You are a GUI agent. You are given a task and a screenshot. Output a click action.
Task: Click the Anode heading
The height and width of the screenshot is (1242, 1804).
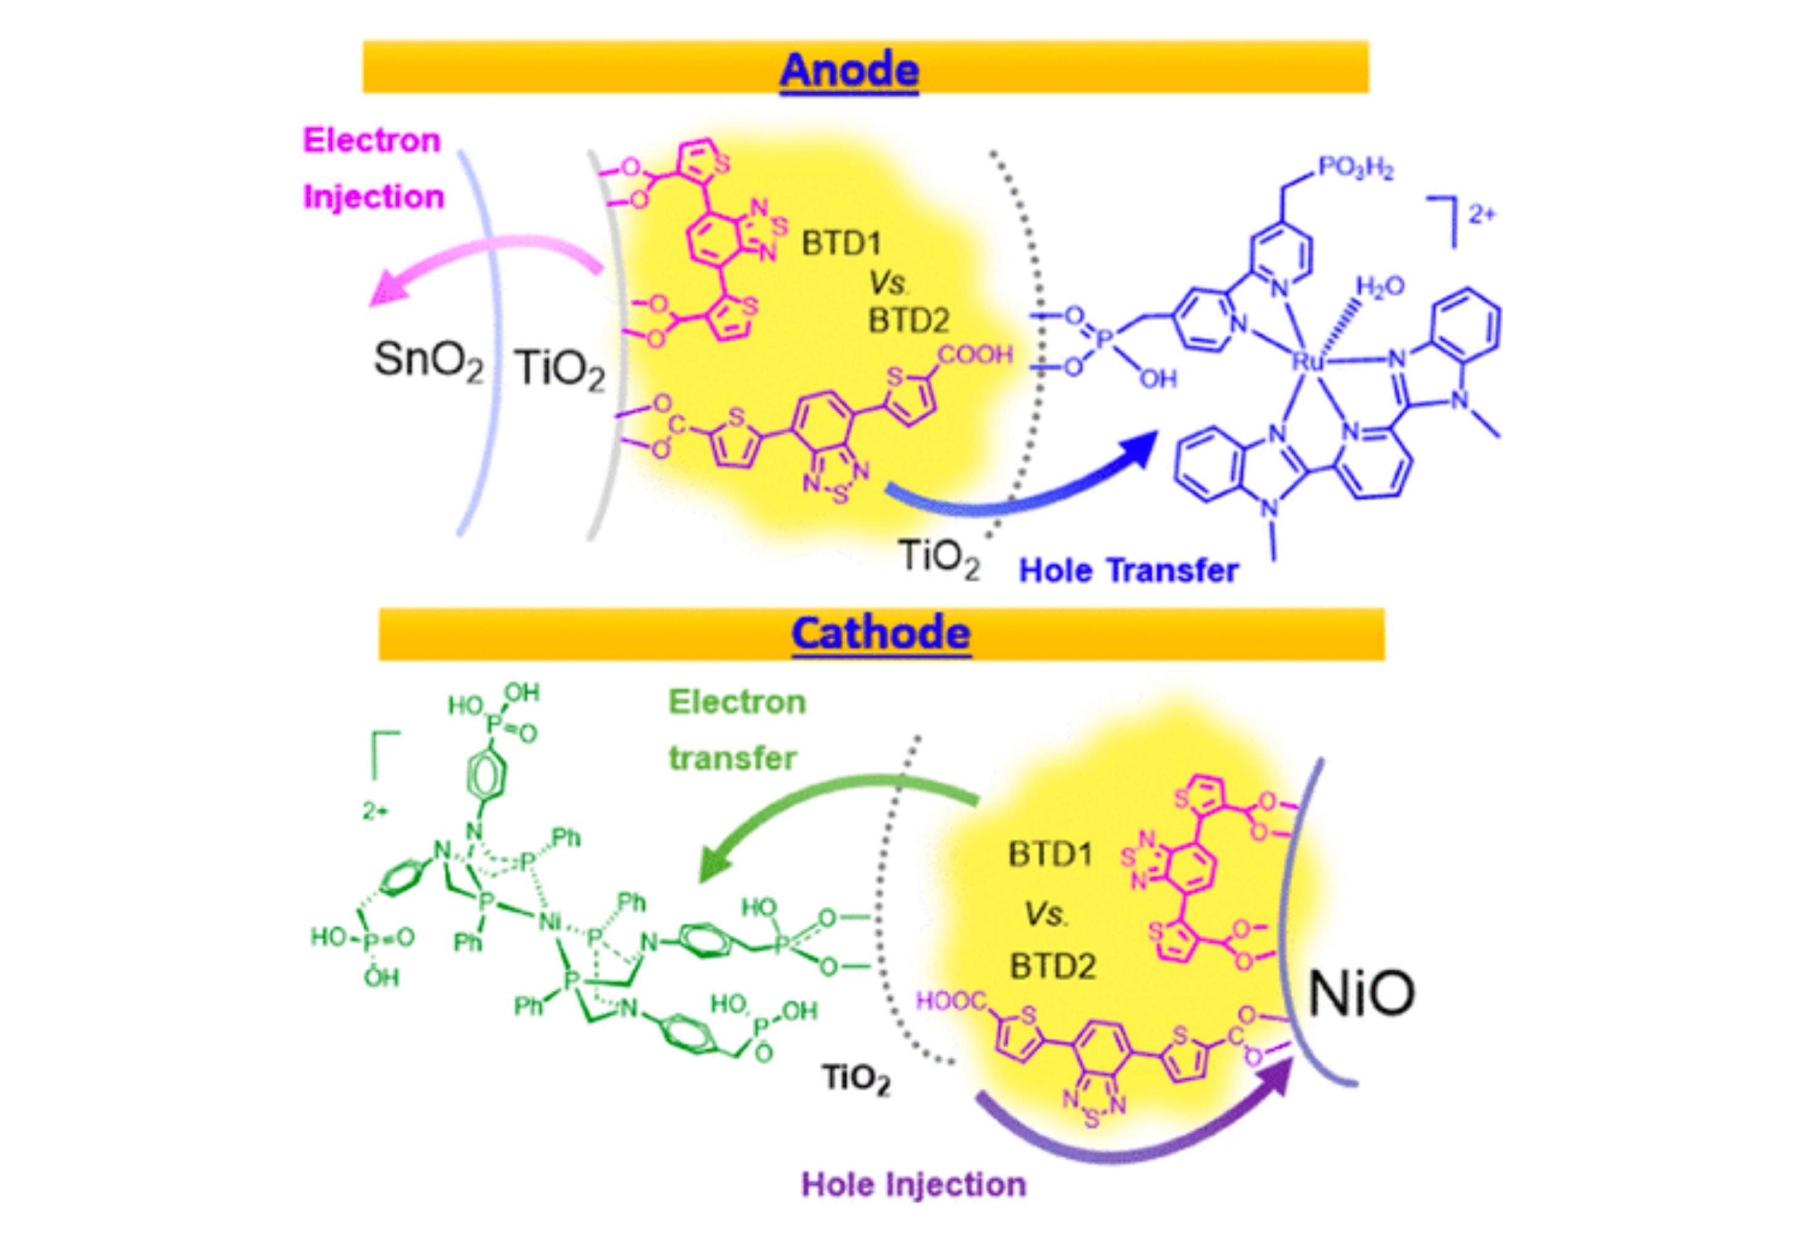click(849, 70)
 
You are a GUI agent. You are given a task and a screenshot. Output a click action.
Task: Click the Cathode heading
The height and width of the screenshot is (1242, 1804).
click(880, 633)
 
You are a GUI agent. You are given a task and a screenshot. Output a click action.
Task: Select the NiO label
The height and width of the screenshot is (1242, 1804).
click(1360, 993)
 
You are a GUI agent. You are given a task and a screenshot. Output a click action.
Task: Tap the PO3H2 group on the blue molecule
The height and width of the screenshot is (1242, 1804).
click(1355, 169)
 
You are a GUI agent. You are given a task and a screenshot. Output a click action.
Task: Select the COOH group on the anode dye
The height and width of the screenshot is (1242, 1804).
click(975, 355)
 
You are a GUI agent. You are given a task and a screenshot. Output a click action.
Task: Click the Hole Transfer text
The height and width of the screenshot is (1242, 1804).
click(1128, 571)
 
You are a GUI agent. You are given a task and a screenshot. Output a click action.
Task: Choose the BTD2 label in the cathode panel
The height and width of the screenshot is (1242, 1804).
click(1052, 966)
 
